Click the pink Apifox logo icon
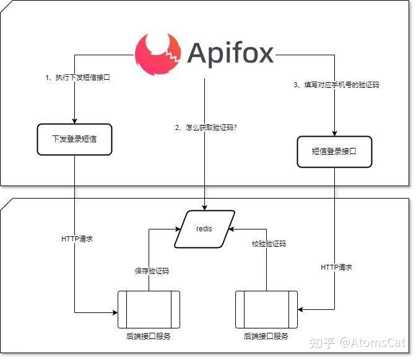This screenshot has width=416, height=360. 158,54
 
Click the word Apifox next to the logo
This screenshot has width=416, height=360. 230,54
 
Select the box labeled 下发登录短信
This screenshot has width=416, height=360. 74,139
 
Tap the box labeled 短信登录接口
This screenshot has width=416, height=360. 334,151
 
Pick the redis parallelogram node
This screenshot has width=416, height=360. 204,229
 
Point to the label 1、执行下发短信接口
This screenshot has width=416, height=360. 78,78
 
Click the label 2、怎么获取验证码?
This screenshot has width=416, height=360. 206,127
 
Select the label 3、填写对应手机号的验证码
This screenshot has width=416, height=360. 336,85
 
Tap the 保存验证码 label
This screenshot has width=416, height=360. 152,271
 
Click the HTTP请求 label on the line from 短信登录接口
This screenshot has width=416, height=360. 336,267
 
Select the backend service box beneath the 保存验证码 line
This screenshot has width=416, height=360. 149,309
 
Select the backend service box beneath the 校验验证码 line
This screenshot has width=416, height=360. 266,309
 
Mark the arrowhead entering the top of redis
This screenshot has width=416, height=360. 204,207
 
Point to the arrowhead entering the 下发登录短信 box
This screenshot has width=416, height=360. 74,120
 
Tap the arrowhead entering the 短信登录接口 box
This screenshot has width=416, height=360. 334,132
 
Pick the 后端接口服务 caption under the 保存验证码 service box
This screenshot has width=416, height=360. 148,336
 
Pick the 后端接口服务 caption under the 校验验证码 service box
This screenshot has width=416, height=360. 266,336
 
